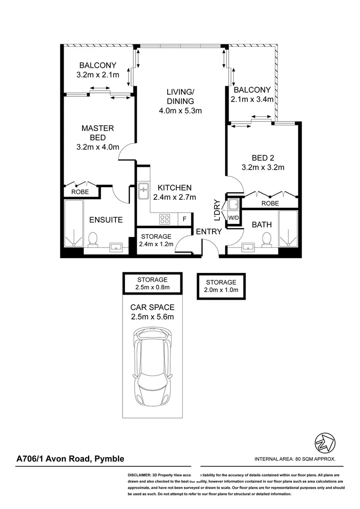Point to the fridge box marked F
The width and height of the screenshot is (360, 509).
(x=185, y=219)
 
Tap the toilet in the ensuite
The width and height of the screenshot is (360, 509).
(x=93, y=239)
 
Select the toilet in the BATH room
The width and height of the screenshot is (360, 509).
(x=267, y=239)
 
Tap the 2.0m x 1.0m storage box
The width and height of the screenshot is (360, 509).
(x=221, y=286)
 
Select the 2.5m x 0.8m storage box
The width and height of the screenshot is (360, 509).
(x=152, y=283)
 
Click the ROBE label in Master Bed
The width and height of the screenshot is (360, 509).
(x=80, y=192)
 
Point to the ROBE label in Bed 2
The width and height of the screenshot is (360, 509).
(x=269, y=203)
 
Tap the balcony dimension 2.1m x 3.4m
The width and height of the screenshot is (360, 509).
(x=251, y=99)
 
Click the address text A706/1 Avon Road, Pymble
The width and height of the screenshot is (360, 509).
(x=70, y=459)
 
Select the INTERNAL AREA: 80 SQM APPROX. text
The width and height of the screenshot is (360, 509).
(x=295, y=459)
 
